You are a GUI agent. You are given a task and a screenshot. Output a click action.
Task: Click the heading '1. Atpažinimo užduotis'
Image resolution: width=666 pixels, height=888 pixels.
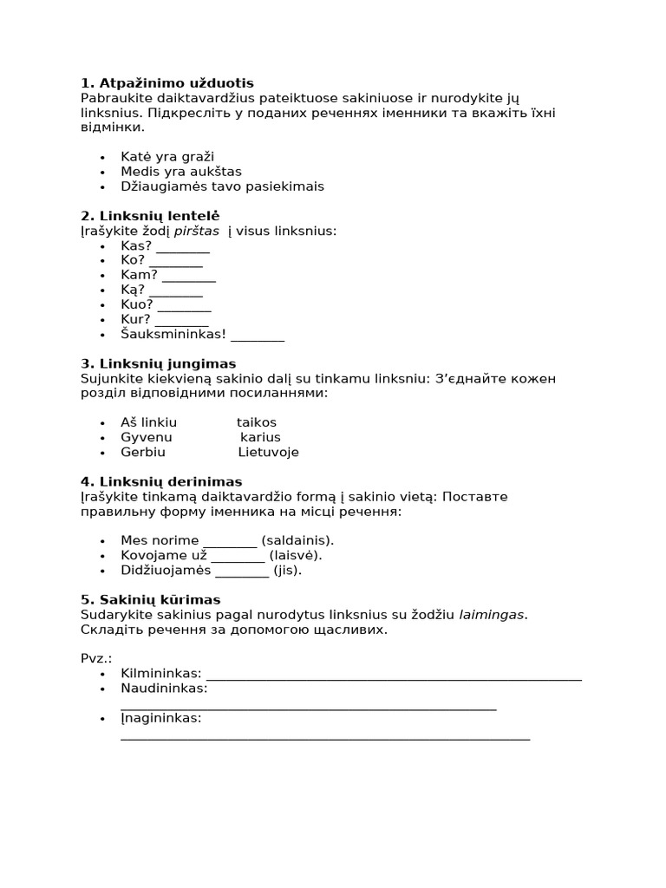[x=167, y=83]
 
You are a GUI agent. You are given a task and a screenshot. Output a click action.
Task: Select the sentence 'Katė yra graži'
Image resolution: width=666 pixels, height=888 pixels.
[x=167, y=157]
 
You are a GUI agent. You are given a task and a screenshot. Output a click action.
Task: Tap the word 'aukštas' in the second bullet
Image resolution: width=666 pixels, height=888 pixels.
[x=212, y=172]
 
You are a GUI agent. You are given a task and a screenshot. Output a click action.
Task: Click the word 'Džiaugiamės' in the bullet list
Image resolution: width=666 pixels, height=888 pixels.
[x=162, y=186]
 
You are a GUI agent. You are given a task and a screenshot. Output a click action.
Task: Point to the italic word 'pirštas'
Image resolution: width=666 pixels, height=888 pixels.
[x=197, y=231]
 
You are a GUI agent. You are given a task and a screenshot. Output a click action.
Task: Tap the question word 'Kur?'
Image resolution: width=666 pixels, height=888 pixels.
[x=136, y=319]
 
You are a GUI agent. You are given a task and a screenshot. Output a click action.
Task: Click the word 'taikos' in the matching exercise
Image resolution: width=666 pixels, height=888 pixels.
[x=257, y=422]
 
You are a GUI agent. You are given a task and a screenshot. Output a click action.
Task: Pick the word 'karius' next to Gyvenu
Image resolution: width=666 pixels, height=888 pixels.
[x=260, y=437]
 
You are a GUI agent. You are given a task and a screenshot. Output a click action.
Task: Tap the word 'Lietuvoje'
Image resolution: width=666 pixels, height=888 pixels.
[x=268, y=452]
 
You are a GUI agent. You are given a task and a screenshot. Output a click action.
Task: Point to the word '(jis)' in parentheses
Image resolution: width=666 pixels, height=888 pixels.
[x=288, y=570]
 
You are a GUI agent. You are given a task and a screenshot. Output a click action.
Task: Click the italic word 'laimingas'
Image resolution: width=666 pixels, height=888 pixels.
[x=492, y=614]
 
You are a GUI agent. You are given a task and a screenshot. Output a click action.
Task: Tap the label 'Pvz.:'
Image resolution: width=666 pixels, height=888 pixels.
[x=96, y=658]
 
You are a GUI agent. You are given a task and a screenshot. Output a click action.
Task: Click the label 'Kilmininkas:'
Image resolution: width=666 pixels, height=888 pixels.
[x=161, y=673]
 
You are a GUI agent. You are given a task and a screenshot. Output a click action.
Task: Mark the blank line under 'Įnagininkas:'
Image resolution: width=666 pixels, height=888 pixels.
[x=325, y=739]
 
